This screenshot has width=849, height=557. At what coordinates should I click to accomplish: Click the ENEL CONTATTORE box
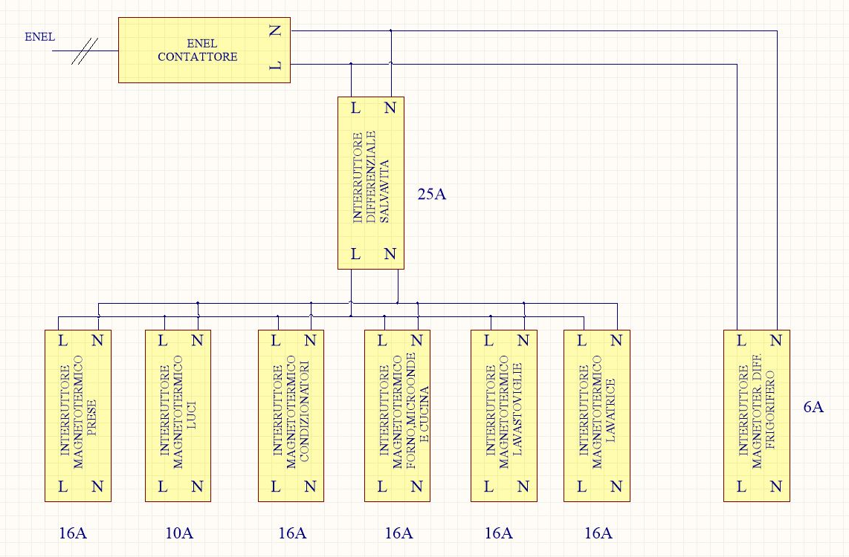pos(204,50)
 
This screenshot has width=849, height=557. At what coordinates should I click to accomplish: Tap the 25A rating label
pos(431,195)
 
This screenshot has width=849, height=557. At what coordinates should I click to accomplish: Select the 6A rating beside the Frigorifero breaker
pos(814,407)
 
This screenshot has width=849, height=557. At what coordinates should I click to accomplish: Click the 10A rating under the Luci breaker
pos(179,532)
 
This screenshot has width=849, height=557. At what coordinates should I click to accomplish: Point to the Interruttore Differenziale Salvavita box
pos(370,182)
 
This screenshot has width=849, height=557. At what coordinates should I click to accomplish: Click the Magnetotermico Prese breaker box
pos(77,415)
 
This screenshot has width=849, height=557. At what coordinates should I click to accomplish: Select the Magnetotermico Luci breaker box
pos(178,415)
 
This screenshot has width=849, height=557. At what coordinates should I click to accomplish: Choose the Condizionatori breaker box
pos(291,415)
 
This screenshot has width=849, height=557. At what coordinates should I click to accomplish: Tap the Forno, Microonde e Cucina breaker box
pos(398,415)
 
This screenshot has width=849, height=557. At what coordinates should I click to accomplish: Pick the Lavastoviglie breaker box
pos(504,415)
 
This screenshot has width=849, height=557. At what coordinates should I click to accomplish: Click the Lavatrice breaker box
pos(596,415)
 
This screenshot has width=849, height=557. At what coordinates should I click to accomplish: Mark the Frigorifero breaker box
pos(756,415)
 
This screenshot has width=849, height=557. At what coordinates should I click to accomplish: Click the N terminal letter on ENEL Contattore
pos(276,30)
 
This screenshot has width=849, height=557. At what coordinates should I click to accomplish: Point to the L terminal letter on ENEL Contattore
pos(276,67)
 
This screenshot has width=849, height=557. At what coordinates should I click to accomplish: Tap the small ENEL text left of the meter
pos(39,37)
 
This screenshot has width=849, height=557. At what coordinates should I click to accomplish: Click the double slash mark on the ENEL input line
pos(85,51)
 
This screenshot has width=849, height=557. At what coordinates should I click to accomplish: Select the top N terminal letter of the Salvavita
pos(390,108)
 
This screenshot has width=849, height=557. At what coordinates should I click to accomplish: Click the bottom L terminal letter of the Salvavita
pos(355,254)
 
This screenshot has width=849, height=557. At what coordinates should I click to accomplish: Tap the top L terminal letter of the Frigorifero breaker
pos(740,341)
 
